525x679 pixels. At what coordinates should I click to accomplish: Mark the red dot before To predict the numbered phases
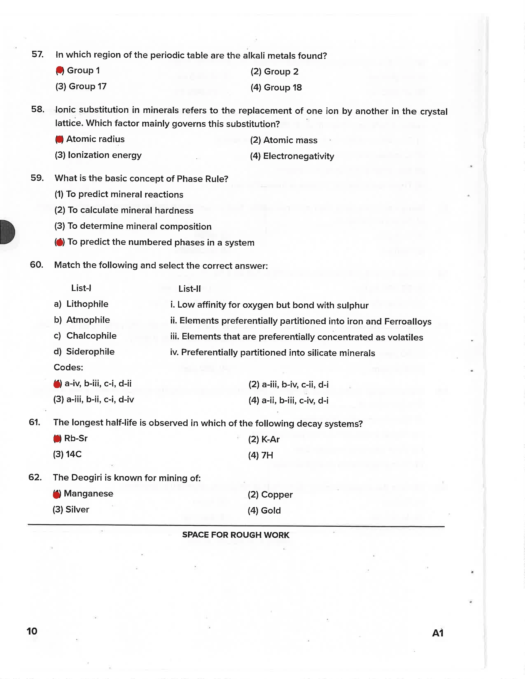pos(60,242)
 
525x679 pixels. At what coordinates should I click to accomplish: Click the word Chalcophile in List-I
pos(91,336)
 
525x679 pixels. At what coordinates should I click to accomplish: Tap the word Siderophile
pos(90,352)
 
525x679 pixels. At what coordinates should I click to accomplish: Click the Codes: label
pos(68,367)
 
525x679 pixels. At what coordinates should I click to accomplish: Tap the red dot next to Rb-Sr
pos(57,439)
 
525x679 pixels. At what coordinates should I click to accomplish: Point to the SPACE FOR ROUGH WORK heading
pos(236,535)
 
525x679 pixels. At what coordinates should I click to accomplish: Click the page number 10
pos(32,631)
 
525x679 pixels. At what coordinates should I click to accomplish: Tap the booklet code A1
pos(438,633)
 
